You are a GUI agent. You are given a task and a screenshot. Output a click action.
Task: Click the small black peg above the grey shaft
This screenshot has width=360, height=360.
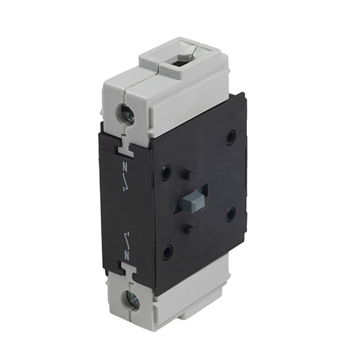click(x=186, y=174)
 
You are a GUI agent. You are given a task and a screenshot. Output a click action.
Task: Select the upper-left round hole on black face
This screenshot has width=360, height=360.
click(x=166, y=173)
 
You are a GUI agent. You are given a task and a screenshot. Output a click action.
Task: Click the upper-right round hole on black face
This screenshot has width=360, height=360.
click(x=231, y=138)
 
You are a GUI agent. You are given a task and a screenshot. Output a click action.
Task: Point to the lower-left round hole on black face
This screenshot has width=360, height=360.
click(x=167, y=252)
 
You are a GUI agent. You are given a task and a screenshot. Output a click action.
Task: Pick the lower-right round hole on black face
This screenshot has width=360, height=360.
click(x=230, y=214)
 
